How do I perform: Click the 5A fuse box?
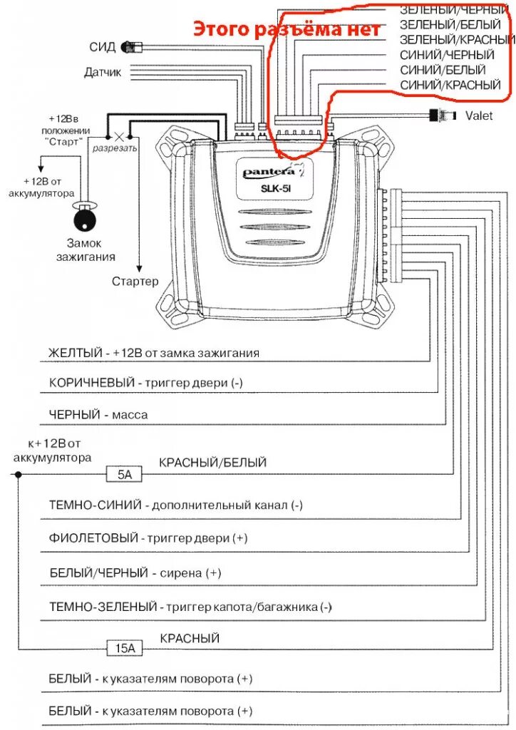click(125, 473)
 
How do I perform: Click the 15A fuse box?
click(125, 648)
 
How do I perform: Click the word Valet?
click(480, 115)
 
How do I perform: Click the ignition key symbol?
click(86, 217)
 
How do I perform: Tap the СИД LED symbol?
click(131, 48)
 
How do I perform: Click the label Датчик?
click(103, 72)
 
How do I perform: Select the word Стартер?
click(135, 281)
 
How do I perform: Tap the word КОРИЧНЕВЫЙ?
click(92, 383)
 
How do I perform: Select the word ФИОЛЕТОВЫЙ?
click(93, 538)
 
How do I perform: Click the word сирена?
click(184, 572)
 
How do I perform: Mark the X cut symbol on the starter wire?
click(120, 136)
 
